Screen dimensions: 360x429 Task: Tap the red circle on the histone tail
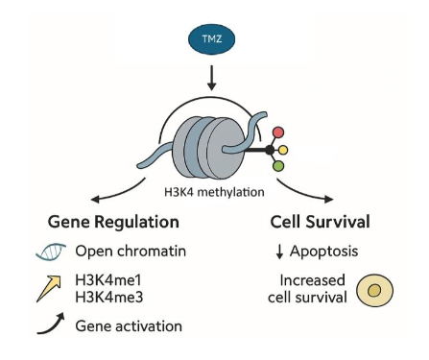click(x=278, y=132)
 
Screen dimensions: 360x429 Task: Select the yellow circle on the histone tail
click(x=284, y=150)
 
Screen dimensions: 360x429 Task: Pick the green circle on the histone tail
click(x=277, y=167)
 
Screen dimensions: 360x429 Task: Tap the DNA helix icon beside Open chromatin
click(x=53, y=252)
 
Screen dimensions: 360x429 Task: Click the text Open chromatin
click(x=129, y=252)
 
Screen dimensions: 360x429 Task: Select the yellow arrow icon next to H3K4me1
click(x=52, y=287)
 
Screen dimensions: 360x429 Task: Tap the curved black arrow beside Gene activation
click(x=51, y=326)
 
